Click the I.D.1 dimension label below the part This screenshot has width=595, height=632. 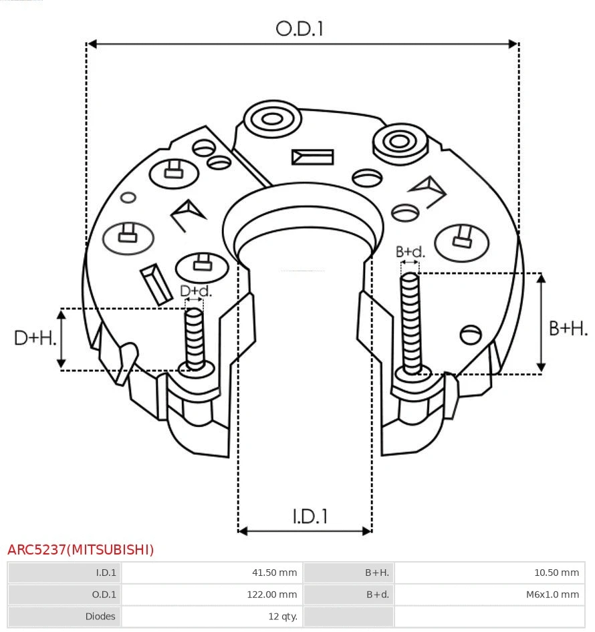[310, 516]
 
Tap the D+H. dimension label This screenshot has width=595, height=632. [35, 338]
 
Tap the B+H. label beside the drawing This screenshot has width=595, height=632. [568, 328]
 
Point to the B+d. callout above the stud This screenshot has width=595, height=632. [410, 252]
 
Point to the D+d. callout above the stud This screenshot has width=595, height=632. [196, 291]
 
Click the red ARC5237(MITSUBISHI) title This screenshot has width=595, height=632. [81, 550]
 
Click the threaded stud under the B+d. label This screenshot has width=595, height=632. [410, 321]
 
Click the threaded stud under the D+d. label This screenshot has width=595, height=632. [195, 337]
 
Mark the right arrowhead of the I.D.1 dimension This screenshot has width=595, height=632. [366, 531]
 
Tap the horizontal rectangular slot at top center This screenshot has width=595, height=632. [312, 157]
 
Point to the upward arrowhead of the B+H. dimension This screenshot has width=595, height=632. [542, 278]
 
